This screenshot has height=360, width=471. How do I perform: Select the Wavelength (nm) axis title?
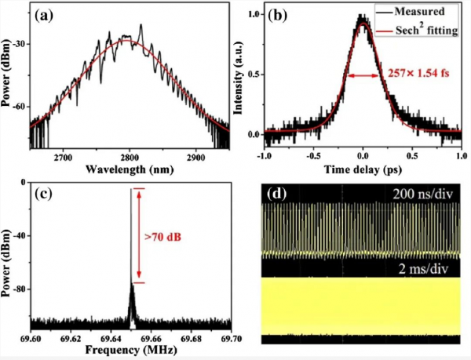(130, 169)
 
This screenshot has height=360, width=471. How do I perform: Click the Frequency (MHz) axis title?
(130, 351)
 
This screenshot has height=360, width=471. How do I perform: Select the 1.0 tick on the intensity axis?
(253, 15)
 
